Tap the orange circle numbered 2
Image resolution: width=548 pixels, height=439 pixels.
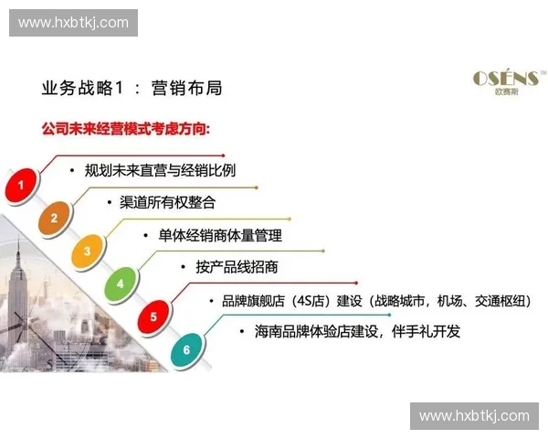[54, 218]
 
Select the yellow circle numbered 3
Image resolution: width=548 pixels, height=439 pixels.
[87, 251]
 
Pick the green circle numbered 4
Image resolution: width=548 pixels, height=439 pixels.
[120, 284]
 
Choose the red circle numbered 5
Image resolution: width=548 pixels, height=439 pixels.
[153, 317]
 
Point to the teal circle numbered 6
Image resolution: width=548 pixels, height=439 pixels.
[185, 349]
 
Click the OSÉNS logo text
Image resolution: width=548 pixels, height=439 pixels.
[505, 79]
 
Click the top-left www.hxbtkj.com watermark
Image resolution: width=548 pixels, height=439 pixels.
[73, 22]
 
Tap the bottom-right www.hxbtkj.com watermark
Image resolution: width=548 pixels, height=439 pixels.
[474, 416]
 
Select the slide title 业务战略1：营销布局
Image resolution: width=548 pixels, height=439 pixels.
[132, 88]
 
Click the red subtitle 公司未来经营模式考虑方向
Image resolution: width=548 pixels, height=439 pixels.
[125, 129]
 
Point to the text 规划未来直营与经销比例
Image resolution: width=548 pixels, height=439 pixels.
[160, 169]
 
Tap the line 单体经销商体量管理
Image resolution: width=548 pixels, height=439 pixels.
[220, 234]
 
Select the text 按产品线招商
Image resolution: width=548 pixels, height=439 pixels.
[237, 267]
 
